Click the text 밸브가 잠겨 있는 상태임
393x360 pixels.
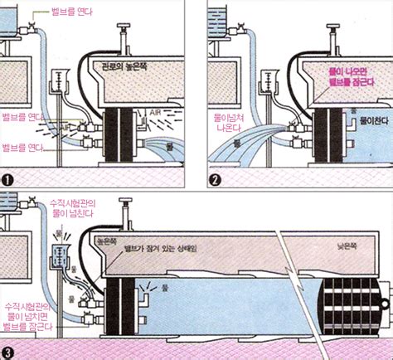click(162, 249)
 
